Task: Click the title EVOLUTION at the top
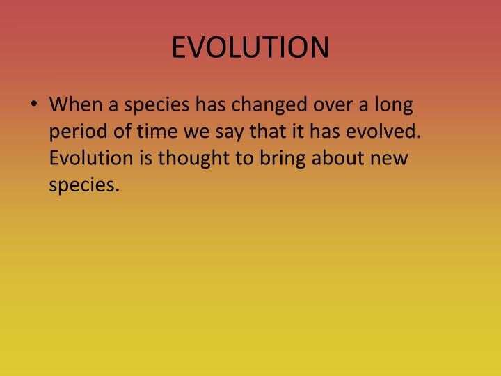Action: pos(250,47)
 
